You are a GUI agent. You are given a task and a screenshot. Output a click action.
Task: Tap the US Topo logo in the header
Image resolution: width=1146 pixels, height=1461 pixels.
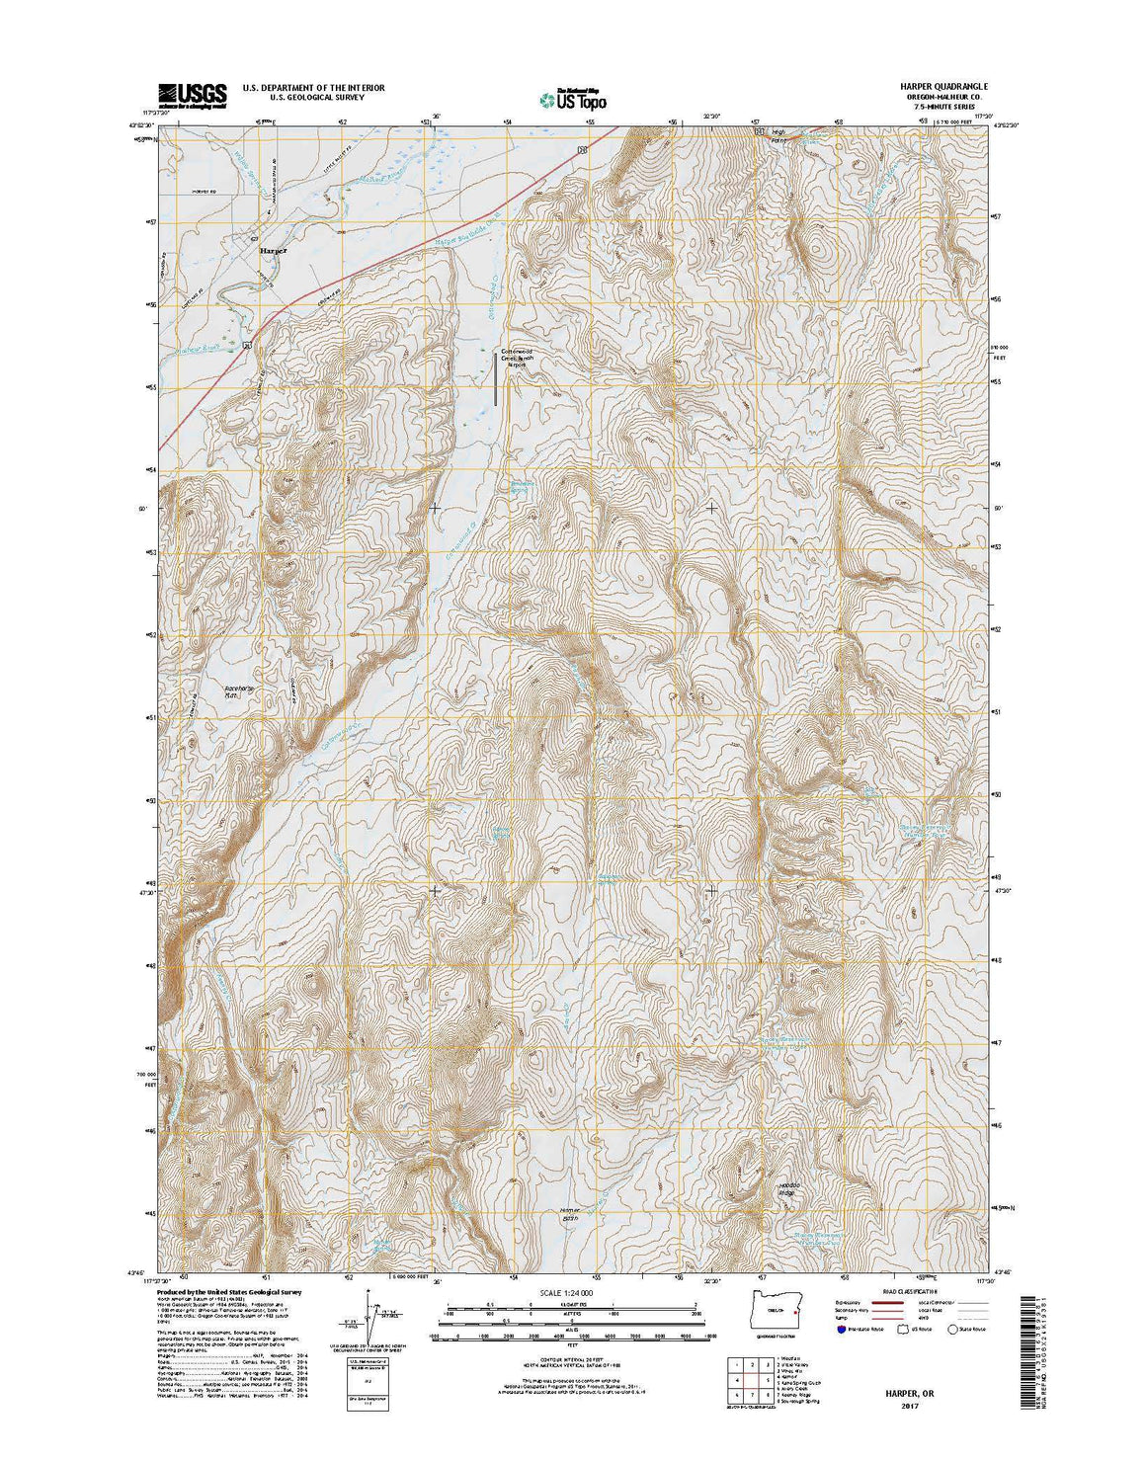pos(572,97)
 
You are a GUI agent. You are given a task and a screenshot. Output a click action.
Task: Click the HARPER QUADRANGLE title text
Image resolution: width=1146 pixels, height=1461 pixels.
pos(929,87)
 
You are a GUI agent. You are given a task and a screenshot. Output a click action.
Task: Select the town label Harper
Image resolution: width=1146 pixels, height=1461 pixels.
pos(274,251)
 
